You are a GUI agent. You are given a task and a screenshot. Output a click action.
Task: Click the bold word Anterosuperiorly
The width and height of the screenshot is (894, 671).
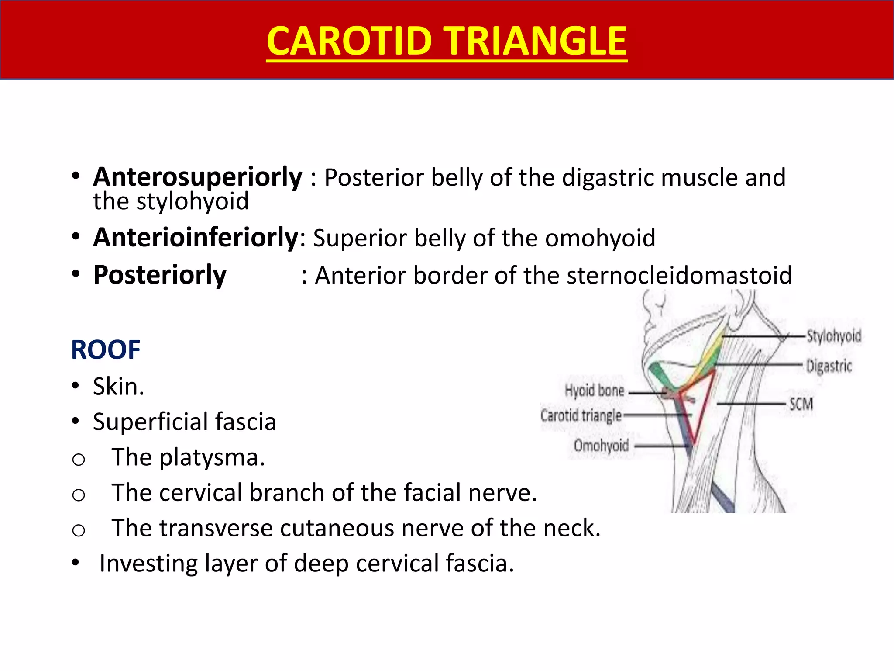pos(197,177)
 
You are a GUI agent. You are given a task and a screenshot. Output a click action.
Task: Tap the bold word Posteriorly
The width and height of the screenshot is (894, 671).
pos(160,275)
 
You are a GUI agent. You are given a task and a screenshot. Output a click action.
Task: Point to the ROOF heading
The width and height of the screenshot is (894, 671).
pos(106,350)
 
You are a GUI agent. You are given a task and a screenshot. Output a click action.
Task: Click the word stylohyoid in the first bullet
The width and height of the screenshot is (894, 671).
pos(192,201)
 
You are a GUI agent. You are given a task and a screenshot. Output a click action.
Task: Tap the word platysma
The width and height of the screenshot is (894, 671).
pos(212,457)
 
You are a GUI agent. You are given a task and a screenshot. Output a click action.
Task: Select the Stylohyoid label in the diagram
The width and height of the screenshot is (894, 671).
pos(833,336)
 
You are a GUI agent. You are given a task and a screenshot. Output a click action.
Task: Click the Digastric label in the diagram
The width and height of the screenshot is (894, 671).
pos(829,366)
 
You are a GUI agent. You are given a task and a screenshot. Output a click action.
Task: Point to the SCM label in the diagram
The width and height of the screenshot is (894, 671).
pos(801,404)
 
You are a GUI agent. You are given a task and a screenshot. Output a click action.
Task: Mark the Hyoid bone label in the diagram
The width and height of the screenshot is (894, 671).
pos(595,390)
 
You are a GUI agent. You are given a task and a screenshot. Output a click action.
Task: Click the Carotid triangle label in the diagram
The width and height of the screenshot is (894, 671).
pos(581,415)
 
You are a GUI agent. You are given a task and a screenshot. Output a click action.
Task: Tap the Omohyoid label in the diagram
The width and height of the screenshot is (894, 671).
pos(601,446)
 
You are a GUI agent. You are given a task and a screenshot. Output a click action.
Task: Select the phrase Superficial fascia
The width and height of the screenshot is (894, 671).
pos(184,422)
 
